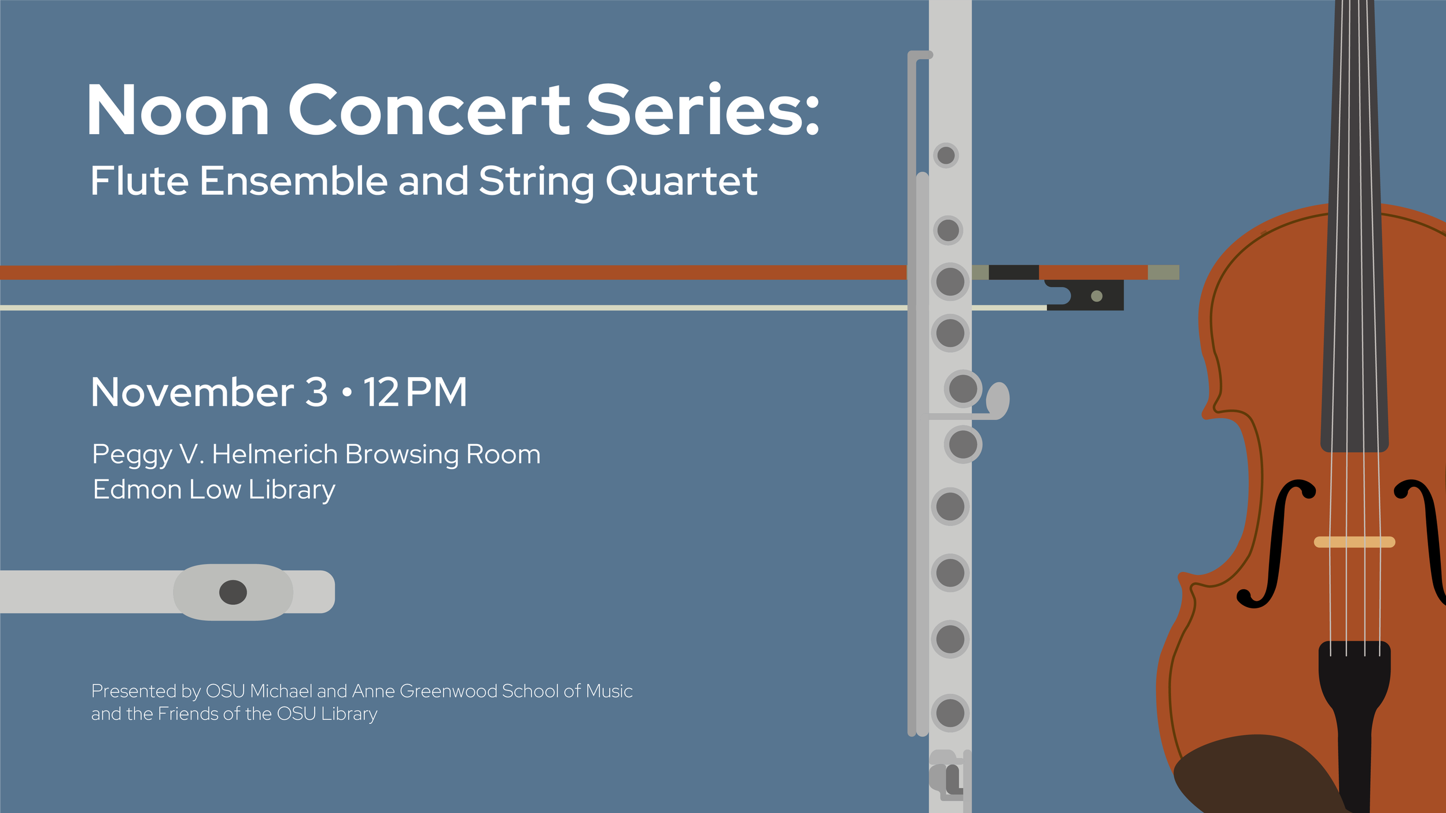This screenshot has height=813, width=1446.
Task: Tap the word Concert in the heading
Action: [429, 110]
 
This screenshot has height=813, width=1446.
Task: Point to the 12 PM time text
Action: [415, 393]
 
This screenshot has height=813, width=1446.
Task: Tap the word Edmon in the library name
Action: [137, 490]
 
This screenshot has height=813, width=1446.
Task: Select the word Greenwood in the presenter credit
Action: [448, 691]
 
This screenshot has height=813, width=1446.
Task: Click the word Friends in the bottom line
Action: [189, 714]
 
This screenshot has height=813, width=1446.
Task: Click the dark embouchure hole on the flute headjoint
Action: [233, 592]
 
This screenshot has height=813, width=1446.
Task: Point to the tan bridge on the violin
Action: [1354, 542]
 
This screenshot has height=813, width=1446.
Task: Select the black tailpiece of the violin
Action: [1354, 694]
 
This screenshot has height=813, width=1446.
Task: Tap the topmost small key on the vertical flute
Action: [946, 155]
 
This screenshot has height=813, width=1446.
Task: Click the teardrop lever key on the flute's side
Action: [998, 400]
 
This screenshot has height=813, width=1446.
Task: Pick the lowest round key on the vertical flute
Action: [950, 713]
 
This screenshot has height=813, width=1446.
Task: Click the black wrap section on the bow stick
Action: [1013, 272]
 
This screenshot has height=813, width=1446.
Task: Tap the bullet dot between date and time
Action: [347, 393]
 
